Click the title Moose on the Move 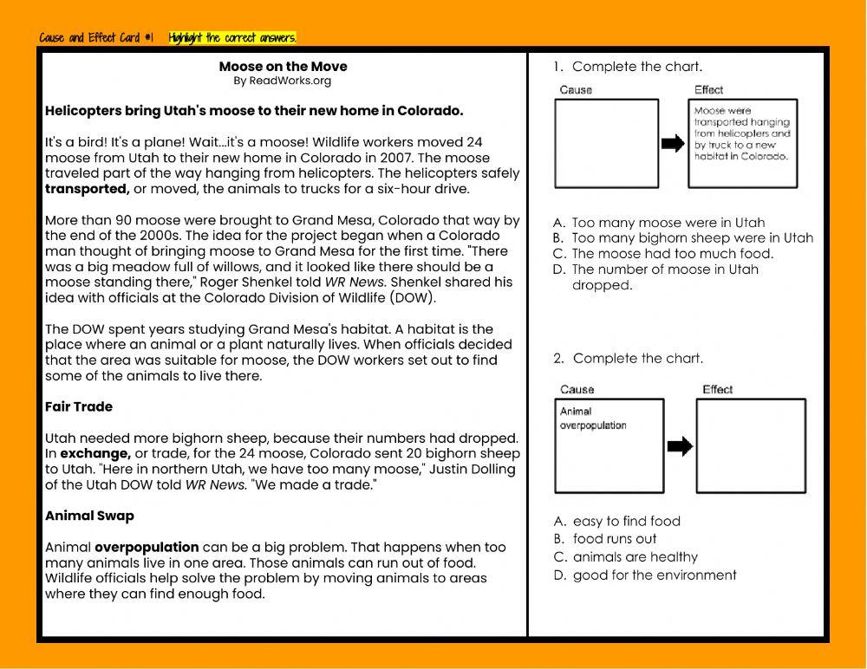tap(283, 67)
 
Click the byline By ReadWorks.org tap(282, 81)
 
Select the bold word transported tap(87, 189)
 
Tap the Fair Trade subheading tap(79, 406)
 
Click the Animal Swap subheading tap(89, 516)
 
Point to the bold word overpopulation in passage tap(147, 547)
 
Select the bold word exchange tap(95, 453)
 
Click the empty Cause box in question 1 tap(606, 143)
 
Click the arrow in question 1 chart tap(673, 144)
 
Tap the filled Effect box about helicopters tap(743, 143)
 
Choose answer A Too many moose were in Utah tap(668, 223)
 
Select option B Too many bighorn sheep tap(692, 238)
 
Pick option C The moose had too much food tap(672, 254)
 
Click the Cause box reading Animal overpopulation tap(609, 445)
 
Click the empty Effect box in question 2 tap(751, 445)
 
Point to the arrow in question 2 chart tap(681, 446)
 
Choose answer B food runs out tap(614, 539)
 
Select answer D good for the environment tap(654, 575)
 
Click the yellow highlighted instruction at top tap(232, 37)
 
